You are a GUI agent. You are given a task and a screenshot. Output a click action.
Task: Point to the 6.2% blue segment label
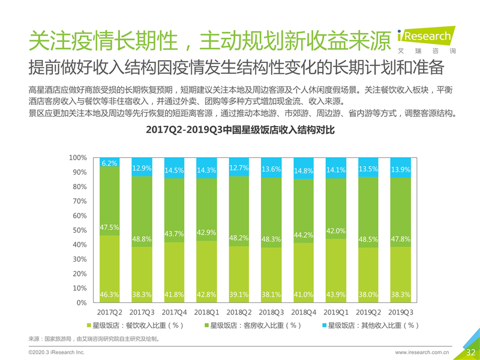(x=109, y=163)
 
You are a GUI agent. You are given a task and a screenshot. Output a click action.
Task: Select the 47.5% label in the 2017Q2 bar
(x=109, y=227)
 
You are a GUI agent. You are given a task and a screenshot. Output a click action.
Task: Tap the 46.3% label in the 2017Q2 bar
(x=109, y=295)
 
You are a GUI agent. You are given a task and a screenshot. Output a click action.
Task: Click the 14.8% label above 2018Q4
(x=304, y=170)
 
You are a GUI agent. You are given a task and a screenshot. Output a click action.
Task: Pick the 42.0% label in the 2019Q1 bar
(x=335, y=231)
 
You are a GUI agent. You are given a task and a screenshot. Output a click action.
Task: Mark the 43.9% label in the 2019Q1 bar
(x=335, y=295)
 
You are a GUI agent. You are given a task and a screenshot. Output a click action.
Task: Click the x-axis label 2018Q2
(x=239, y=312)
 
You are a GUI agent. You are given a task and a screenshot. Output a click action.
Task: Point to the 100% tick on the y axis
(x=79, y=158)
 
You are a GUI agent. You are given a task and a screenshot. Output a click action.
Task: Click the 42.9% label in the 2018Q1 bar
(x=206, y=232)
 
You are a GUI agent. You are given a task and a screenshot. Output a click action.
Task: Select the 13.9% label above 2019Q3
(x=400, y=170)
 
